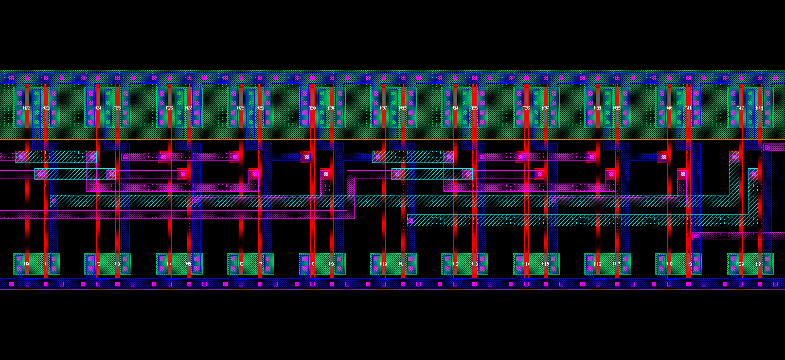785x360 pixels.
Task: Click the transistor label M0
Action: point(26,264)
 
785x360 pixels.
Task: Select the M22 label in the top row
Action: point(27,108)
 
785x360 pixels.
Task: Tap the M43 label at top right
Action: point(759,108)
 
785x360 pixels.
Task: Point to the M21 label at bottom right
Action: point(759,264)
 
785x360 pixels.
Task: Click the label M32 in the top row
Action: point(383,108)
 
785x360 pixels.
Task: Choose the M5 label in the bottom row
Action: point(188,264)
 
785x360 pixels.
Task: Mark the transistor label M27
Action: point(188,108)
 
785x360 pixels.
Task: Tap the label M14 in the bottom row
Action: point(526,264)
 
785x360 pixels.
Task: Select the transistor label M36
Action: point(526,108)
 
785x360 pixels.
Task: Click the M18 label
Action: point(669,264)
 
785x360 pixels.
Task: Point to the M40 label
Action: point(669,108)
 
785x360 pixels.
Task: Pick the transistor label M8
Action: point(312,264)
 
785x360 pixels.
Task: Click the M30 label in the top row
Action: point(312,108)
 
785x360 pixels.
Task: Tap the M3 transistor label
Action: point(117,264)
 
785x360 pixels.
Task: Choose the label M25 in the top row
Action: point(117,108)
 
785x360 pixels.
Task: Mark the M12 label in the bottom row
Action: point(455,264)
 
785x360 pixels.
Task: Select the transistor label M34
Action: point(455,108)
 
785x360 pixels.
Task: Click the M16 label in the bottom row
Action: point(597,264)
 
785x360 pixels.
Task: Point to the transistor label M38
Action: point(597,108)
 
